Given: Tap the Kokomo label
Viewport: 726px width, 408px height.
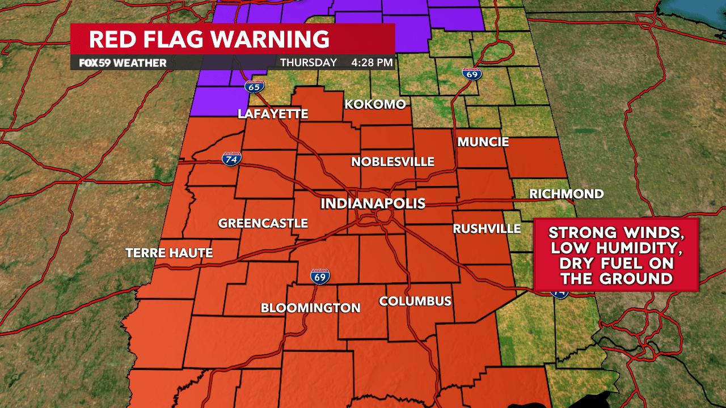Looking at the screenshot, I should tap(375, 104).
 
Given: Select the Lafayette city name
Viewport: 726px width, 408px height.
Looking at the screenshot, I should tap(273, 114).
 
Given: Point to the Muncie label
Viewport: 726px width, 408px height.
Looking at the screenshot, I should tap(483, 142).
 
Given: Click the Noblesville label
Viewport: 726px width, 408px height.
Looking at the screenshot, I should tap(392, 162).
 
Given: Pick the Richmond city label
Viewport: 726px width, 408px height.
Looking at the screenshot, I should tap(566, 194).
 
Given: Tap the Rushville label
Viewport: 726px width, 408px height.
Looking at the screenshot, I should tap(487, 228).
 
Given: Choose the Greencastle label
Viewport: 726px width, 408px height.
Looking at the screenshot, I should tap(263, 223).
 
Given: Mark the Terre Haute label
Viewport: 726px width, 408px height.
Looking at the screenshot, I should tap(169, 253).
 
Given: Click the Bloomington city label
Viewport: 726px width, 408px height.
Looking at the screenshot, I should tap(310, 308).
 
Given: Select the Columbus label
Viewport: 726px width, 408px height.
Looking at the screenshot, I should tap(415, 301).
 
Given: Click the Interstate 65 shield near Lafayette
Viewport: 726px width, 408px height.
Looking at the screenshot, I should tap(255, 87).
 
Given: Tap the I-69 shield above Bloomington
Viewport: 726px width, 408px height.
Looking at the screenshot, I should tap(320, 277).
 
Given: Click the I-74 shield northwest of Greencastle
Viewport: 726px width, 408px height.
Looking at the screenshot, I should tap(231, 159).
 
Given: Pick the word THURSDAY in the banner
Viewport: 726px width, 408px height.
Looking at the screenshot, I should tap(309, 63).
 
